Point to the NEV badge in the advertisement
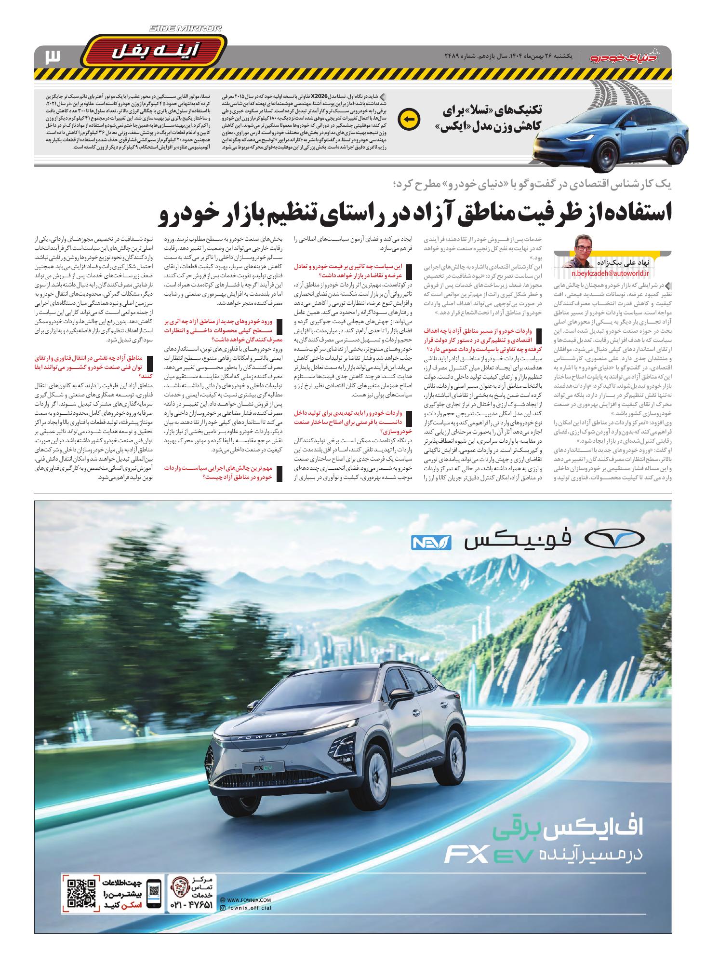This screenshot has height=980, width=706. tap(430, 542)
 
